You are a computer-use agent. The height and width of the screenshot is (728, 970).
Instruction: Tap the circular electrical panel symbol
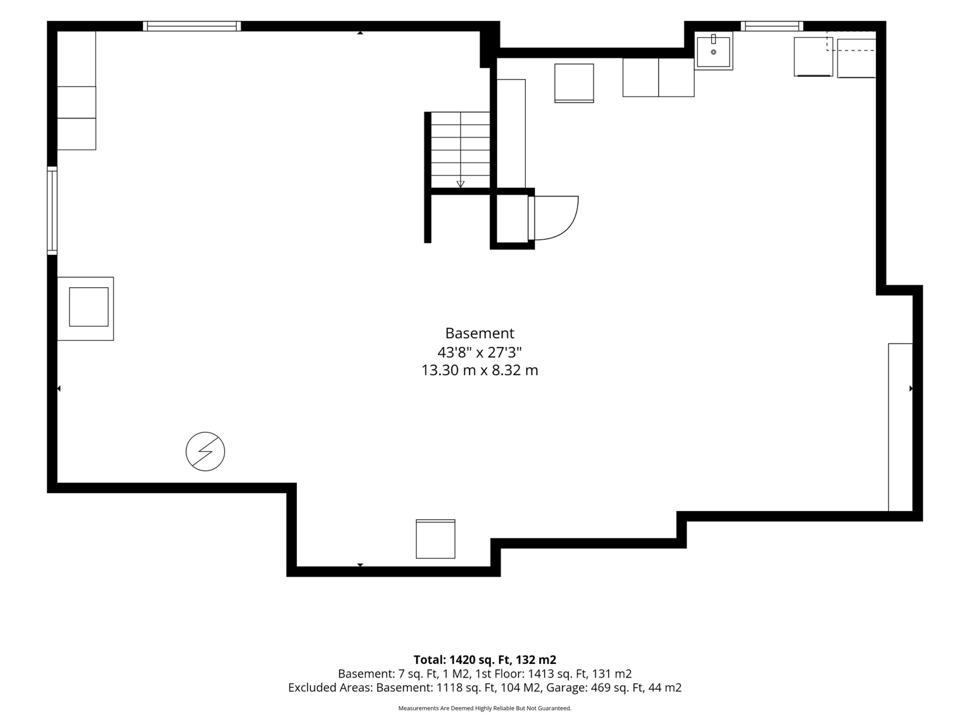205,451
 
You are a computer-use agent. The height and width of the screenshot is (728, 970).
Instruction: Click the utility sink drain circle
713,52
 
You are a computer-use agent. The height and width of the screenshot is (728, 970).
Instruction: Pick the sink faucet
713,39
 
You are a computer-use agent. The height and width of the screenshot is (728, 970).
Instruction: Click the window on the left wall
52,211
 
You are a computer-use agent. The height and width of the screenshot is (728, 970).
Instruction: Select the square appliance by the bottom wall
435,539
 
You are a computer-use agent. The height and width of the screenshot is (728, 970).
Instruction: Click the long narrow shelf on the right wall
900,427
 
